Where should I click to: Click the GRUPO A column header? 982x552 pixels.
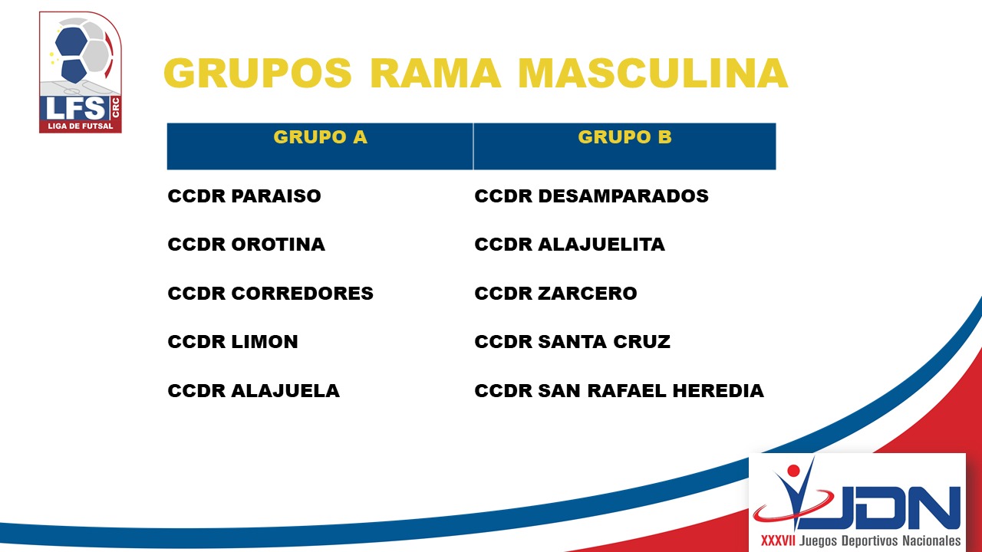tap(320, 137)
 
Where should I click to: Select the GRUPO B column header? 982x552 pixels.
tap(624, 137)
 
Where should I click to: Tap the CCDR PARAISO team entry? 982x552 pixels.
tap(244, 195)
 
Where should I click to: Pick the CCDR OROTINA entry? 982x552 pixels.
tap(246, 245)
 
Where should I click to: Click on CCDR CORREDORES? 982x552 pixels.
tap(271, 293)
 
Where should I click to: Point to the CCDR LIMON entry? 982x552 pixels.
tap(232, 342)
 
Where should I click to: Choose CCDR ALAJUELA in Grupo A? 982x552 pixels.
tap(253, 391)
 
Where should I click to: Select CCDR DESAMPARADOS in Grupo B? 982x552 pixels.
tap(592, 195)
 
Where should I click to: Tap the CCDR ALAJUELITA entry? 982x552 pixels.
tap(569, 245)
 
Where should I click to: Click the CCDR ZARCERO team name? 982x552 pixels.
tap(555, 293)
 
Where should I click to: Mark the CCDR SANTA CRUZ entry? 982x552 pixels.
tap(572, 342)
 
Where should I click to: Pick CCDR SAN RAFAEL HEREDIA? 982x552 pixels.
tap(619, 391)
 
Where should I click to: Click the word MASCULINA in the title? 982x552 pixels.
tap(653, 73)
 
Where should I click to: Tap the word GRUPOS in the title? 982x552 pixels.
tap(257, 73)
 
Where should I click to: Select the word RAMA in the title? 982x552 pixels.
tap(435, 73)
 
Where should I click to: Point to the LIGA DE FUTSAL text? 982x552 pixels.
tap(81, 127)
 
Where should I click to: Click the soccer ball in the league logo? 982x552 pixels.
tap(82, 50)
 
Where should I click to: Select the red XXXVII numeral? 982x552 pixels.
tap(778, 540)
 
